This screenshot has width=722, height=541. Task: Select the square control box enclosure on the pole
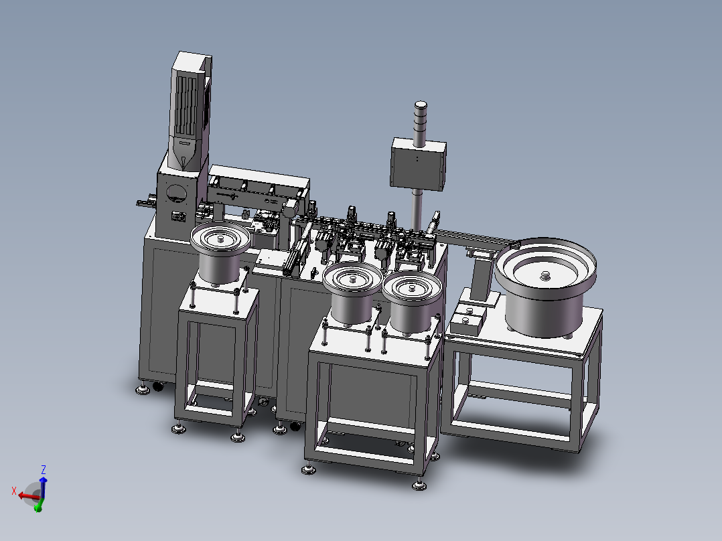[x=418, y=164]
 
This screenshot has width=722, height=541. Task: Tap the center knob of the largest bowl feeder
[x=545, y=275]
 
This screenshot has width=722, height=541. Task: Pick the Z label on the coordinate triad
[x=44, y=469]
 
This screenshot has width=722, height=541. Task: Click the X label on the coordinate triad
[x=13, y=491]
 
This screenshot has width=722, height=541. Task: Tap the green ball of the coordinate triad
[x=38, y=509]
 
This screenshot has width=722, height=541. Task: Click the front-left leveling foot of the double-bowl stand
[x=308, y=470]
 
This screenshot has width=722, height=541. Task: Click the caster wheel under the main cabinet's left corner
[x=158, y=386]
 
